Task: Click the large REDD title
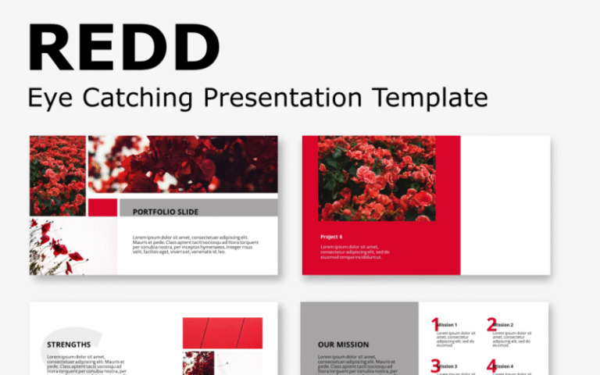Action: [x=123, y=48]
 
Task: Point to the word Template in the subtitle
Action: [x=429, y=98]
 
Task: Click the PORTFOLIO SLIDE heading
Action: [x=166, y=212]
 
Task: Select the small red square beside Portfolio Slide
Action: [x=102, y=208]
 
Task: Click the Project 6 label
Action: [x=331, y=236]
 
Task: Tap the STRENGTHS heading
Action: [x=69, y=345]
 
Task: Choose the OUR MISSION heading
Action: [x=343, y=345]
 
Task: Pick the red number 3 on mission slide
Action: [x=435, y=366]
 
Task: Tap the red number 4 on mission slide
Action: [x=491, y=366]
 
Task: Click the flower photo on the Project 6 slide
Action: [x=377, y=178]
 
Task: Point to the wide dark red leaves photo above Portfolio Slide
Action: [x=183, y=164]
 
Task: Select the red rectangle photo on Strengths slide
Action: [x=223, y=332]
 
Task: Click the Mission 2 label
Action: [x=503, y=325]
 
